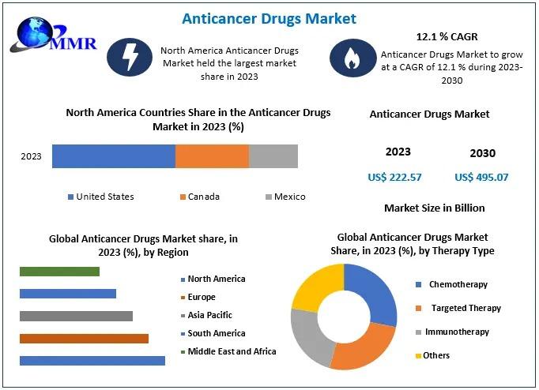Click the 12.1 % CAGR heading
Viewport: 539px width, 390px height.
pyautogui.click(x=447, y=37)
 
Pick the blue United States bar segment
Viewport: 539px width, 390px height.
pyautogui.click(x=113, y=156)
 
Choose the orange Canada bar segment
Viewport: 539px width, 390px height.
pyautogui.click(x=212, y=156)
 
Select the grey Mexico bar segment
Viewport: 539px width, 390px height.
pyautogui.click(x=273, y=156)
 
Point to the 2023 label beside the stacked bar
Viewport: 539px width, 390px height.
pyautogui.click(x=31, y=156)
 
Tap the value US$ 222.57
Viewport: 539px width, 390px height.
pyautogui.click(x=395, y=177)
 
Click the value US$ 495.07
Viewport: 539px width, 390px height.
pyautogui.click(x=481, y=177)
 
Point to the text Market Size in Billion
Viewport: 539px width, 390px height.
pyautogui.click(x=434, y=208)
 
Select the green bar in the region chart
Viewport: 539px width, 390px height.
pyautogui.click(x=59, y=272)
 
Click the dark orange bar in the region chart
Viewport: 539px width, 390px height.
pyautogui.click(x=84, y=339)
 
